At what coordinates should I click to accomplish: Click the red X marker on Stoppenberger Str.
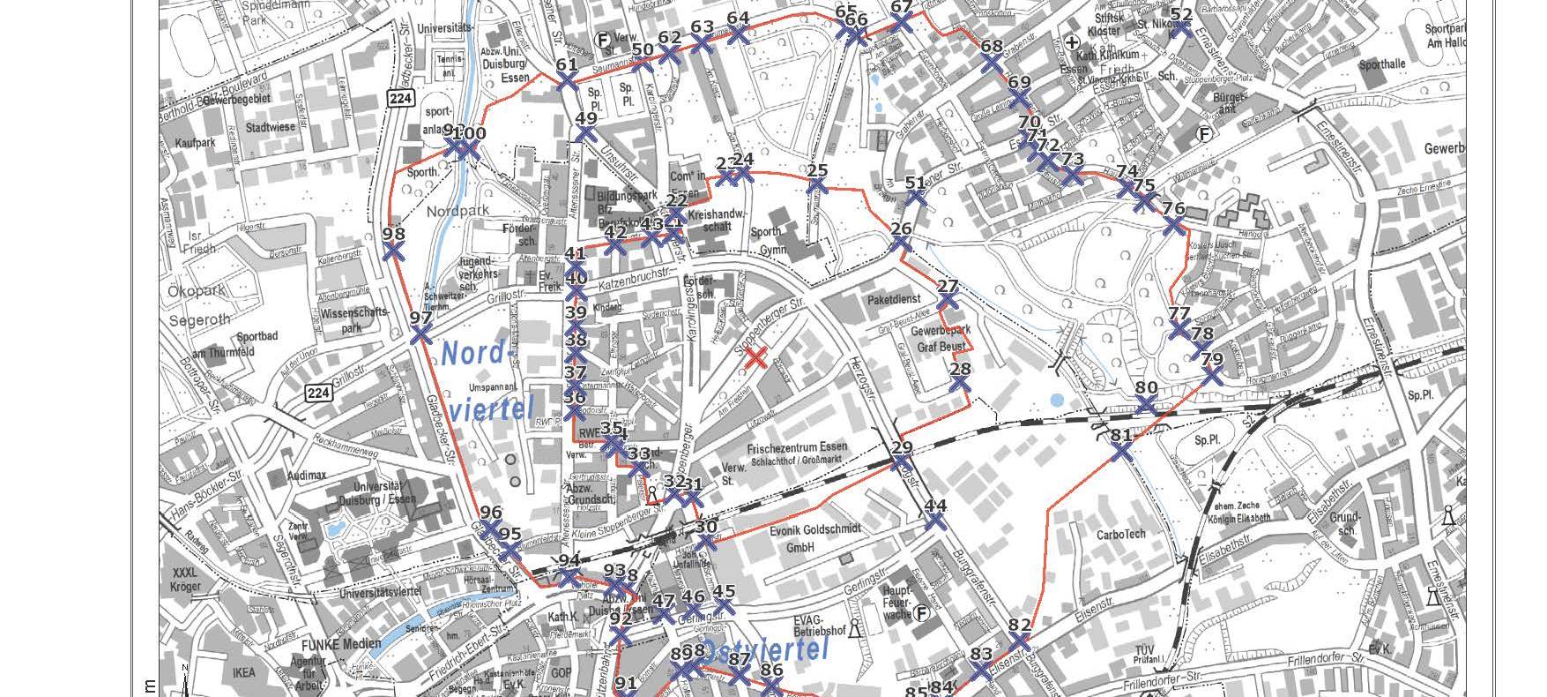755,357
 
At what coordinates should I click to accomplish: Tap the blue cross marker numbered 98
394,251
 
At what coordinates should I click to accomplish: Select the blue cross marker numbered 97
421,335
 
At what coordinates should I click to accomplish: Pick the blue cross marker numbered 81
1120,452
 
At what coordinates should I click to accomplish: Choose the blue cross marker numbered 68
992,64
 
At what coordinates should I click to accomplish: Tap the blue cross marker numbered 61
567,81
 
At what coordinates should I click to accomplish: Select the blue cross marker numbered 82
1019,641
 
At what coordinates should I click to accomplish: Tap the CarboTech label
1120,534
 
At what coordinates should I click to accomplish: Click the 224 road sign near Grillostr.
319,393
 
